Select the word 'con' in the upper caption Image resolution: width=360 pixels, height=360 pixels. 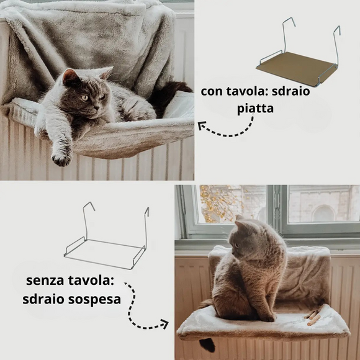pos(212,92)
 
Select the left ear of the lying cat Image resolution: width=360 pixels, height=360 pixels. pos(70,78)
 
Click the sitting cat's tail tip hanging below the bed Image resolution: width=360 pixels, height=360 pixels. pos(207,344)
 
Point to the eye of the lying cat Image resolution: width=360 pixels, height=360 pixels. pos(85,97)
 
